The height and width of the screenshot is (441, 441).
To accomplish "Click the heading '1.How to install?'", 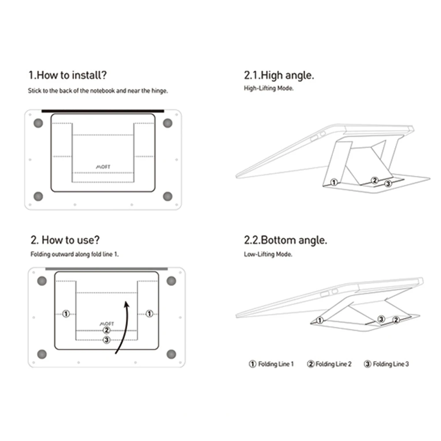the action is [x=67, y=75].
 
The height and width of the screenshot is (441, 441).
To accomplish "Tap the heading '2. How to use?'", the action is [x=65, y=240].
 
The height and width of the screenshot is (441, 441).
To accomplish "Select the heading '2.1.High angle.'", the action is [x=279, y=75].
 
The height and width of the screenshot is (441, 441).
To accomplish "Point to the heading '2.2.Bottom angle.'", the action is [x=285, y=240].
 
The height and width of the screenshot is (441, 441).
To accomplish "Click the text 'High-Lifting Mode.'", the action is [x=269, y=88].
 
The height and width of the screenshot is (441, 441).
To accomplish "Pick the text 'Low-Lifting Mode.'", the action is [x=268, y=254].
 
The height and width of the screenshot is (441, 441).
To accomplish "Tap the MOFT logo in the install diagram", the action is [x=103, y=167].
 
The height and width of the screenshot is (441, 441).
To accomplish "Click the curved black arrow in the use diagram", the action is [x=122, y=326].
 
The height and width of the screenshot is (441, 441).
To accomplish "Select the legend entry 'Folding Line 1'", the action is [x=271, y=364].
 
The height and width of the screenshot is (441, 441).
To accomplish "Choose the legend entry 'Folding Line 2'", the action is [x=329, y=364].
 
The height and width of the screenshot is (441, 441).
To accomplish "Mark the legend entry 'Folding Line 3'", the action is [x=386, y=364].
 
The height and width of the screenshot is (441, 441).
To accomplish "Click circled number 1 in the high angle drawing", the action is [x=334, y=182].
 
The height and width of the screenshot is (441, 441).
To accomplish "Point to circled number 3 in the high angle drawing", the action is [x=388, y=183].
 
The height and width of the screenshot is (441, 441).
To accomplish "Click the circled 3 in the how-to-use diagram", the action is [x=106, y=340].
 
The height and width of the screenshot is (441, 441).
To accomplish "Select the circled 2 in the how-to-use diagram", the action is [x=106, y=330].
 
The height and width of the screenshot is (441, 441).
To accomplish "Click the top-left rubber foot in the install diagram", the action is [x=38, y=123].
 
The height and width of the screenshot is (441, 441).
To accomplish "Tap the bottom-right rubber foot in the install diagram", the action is [x=167, y=196].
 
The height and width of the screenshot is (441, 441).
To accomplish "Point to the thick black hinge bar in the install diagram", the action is [x=102, y=111].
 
